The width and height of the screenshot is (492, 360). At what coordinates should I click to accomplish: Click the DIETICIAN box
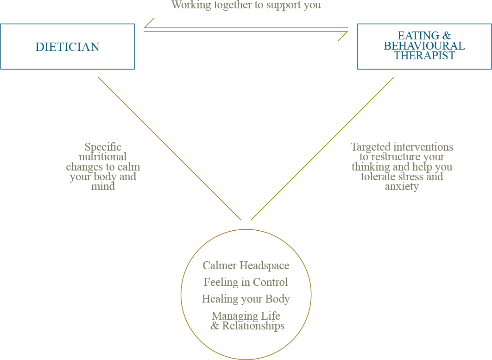click(68, 46)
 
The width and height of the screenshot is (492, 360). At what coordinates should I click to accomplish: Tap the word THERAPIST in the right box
click(424, 56)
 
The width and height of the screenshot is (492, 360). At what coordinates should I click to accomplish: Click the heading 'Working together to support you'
click(246, 5)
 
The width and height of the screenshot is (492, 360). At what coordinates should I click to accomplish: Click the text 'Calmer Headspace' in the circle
click(246, 265)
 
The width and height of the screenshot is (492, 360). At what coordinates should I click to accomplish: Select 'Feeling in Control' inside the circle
click(246, 282)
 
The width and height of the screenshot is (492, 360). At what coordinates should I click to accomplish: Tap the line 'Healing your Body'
click(246, 299)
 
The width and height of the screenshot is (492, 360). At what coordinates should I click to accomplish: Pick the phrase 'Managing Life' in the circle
click(246, 316)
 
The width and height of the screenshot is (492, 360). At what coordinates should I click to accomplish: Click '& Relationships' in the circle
click(247, 326)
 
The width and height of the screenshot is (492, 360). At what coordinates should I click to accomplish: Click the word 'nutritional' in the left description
click(102, 157)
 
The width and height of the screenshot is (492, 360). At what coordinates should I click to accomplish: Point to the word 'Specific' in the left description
click(103, 147)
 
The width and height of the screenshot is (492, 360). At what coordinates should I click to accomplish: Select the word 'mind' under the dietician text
click(103, 187)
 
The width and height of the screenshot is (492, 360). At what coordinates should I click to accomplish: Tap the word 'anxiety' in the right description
click(402, 187)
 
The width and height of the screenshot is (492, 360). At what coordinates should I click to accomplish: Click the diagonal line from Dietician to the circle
click(170, 148)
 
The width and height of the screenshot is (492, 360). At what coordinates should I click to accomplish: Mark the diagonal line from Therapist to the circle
click(322, 148)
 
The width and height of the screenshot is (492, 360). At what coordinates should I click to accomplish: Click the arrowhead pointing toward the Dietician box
click(149, 23)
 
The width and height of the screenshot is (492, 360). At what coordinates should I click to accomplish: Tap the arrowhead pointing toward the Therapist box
click(343, 37)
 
